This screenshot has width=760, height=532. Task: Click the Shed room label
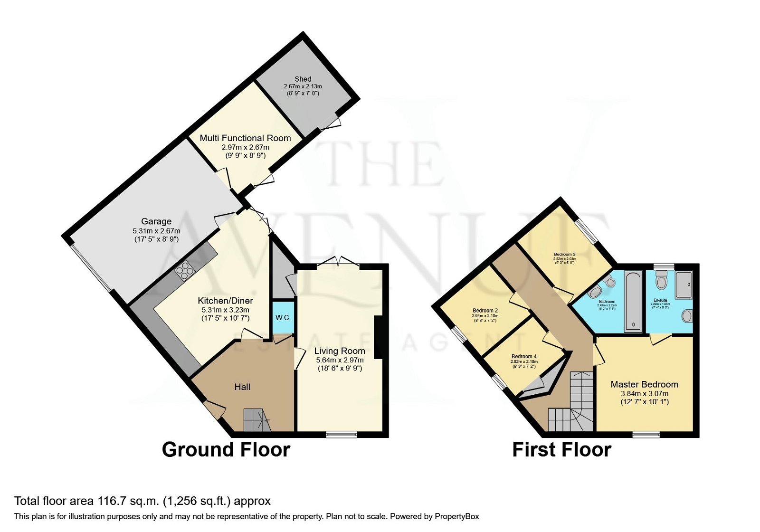click(303, 79)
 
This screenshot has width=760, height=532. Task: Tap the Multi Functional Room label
click(245, 138)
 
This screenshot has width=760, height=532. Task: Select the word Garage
click(156, 221)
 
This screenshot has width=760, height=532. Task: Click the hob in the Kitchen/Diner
click(185, 271)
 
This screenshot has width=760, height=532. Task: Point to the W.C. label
click(283, 317)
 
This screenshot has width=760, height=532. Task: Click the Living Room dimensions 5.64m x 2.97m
click(340, 360)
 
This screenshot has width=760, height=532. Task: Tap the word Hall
click(242, 387)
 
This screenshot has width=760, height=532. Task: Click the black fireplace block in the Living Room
click(378, 337)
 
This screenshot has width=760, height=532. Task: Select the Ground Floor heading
click(226, 449)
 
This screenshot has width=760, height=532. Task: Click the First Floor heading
click(561, 449)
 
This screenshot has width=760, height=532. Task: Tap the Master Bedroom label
click(644, 384)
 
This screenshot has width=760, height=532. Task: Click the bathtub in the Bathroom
click(633, 300)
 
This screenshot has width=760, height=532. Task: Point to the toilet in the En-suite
click(661, 281)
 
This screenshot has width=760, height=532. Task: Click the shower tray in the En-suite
click(684, 285)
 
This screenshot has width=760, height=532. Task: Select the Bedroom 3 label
click(564, 254)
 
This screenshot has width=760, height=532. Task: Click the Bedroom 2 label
click(485, 311)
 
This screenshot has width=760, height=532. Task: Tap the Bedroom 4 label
click(524, 356)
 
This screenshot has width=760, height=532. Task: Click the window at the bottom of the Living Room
click(342, 434)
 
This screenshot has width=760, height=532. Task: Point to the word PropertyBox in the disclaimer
click(456, 516)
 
